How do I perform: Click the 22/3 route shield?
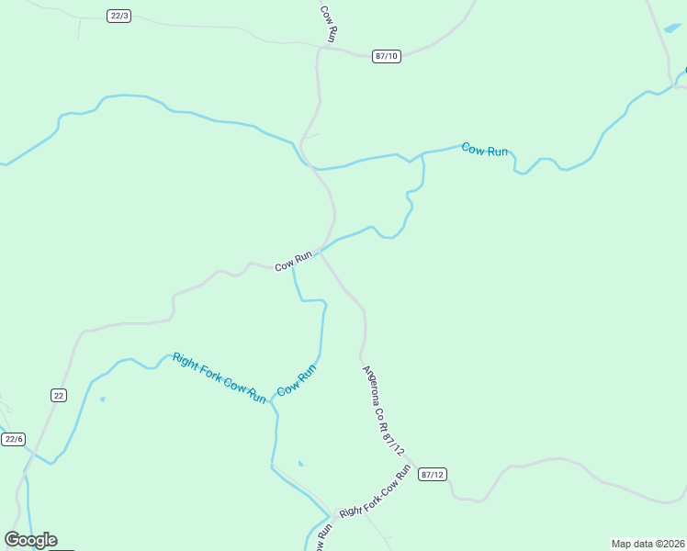coord(118,16)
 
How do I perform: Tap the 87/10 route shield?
coord(387,56)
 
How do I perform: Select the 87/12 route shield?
coord(432,474)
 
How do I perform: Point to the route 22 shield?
coord(59,395)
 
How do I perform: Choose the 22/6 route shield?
coord(13,439)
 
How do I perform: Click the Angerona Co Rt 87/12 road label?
coord(385,411)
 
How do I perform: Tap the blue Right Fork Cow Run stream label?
coord(220,377)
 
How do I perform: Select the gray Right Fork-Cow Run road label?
coord(374,492)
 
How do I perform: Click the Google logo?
coord(30,540)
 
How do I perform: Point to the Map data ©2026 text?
coord(648,544)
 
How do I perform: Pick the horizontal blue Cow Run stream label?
coord(485,149)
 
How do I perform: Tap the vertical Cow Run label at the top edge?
coord(329,22)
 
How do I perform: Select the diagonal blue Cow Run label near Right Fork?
coord(297,380)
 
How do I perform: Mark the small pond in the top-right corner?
coord(671,29)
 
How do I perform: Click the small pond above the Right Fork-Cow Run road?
coord(300,464)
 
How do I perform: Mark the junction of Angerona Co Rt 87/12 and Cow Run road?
coord(320,251)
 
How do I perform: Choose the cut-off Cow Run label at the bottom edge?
coord(323,538)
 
